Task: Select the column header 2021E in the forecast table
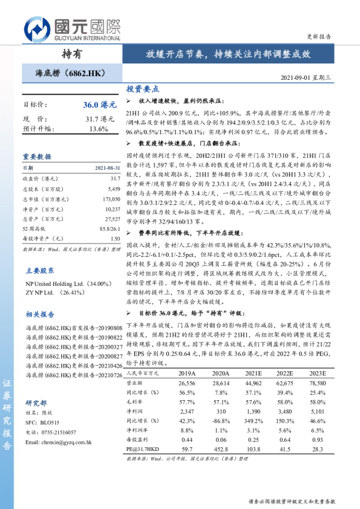[x=252, y=374]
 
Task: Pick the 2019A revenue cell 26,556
[x=183, y=383]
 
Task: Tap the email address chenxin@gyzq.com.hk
[x=58, y=443]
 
